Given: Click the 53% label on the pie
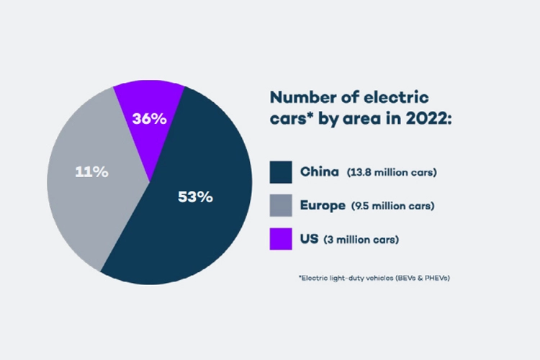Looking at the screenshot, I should tap(195, 197).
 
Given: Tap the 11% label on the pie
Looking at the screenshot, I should tap(91, 172).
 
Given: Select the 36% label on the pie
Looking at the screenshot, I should tap(150, 119).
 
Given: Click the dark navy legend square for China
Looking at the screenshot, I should tap(281, 172).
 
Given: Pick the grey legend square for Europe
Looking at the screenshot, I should tap(281, 206).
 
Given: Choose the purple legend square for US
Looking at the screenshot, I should tap(281, 238).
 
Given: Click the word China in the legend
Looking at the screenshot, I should tap(319, 173).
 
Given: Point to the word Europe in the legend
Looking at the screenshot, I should tap(323, 206).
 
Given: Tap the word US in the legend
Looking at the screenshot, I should tap(308, 238).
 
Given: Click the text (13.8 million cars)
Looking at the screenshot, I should tap(392, 173).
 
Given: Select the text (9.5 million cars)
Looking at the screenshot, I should tap(393, 206).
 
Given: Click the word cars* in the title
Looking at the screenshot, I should tap(292, 119).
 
